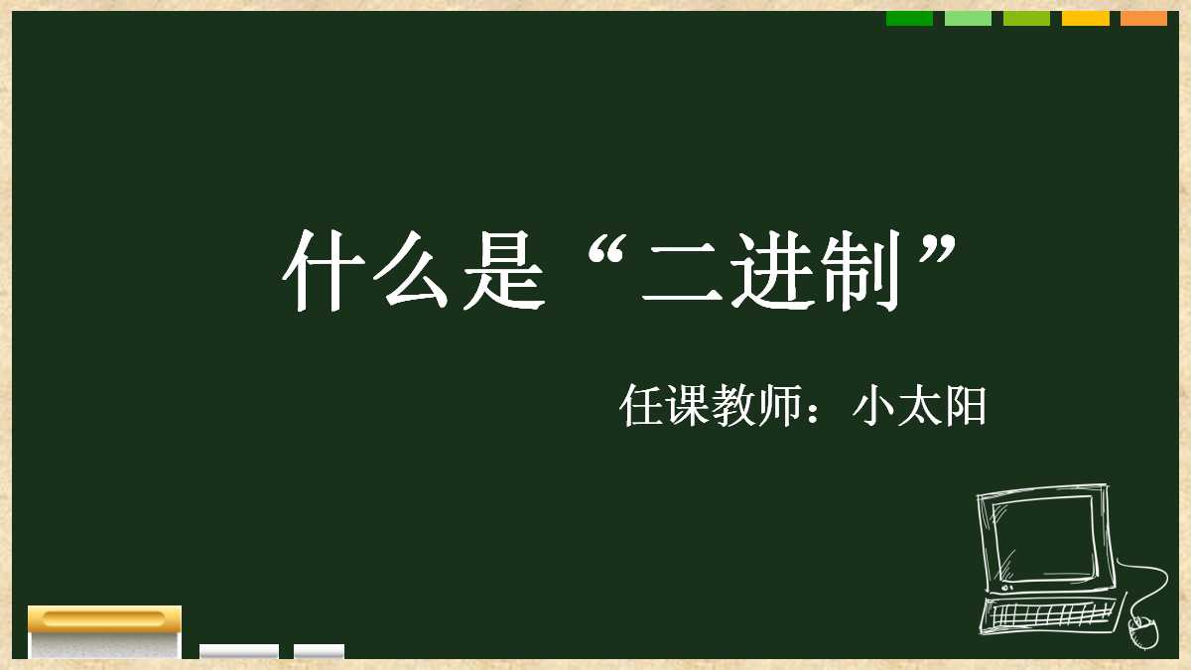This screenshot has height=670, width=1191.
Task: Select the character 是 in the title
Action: coord(507,271)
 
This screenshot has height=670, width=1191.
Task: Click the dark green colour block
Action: coord(909,18)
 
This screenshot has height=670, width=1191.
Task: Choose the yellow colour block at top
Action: coord(1085,18)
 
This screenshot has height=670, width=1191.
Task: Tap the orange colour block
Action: coord(1143,18)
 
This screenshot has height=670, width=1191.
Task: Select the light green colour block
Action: coord(968,18)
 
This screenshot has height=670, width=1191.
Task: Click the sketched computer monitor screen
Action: coord(1043,540)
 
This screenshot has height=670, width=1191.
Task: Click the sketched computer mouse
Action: coord(1143,631)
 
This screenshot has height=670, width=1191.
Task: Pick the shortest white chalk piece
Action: coord(319,651)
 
